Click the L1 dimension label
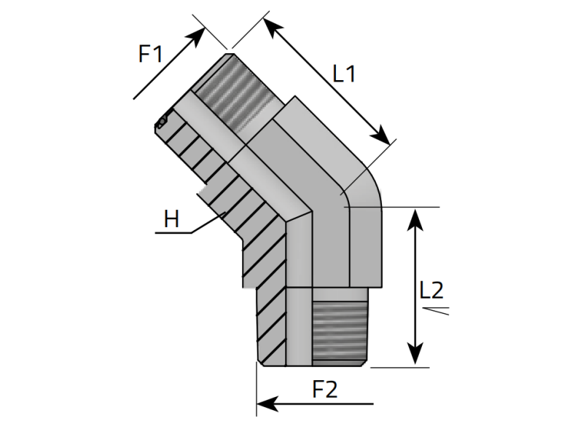[x=343, y=74]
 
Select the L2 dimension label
[x=431, y=290]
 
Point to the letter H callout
[x=171, y=219]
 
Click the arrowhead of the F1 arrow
[x=200, y=36]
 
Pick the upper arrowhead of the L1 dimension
[x=268, y=25]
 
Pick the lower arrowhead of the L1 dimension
[x=384, y=137]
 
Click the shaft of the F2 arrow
[x=328, y=402]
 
